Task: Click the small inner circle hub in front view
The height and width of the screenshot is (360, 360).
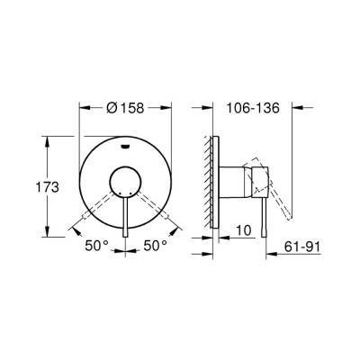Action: pos(124,185)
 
